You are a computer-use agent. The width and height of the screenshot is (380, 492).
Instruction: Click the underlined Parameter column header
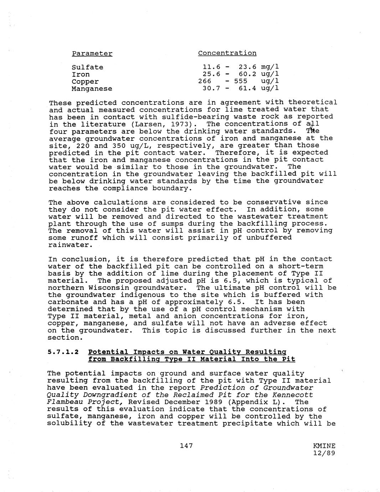coord(92,53)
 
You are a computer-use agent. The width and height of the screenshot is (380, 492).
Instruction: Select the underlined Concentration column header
coord(227,53)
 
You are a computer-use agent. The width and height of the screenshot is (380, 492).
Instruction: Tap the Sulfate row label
coord(87,67)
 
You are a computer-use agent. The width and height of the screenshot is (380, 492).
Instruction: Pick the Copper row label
coord(85,82)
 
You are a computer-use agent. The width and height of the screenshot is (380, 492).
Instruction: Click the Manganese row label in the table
coord(92,89)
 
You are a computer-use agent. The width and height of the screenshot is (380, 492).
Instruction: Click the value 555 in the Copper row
coord(240,81)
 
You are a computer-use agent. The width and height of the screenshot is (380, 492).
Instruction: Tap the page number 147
coord(186,445)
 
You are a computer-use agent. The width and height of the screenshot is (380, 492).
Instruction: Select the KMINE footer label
coord(324,446)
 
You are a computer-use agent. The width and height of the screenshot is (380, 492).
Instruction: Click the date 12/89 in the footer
coord(324,453)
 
